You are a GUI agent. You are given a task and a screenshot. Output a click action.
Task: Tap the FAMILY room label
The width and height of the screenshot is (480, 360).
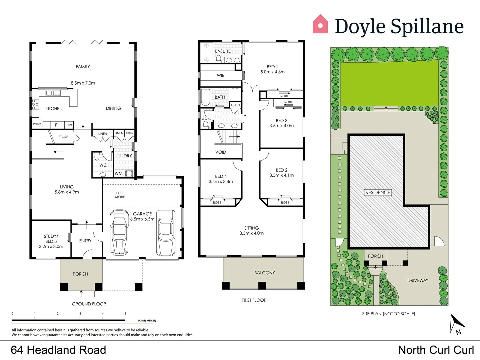click(83, 67)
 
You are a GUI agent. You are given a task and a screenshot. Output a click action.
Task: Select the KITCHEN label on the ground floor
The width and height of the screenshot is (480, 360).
click(54, 109)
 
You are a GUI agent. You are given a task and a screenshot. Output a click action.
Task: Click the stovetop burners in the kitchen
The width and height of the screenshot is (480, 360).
click(35, 104)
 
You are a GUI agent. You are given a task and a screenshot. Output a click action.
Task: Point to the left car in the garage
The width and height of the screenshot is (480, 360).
click(119, 232)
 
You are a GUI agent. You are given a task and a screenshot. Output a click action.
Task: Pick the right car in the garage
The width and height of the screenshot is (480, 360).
click(166, 233)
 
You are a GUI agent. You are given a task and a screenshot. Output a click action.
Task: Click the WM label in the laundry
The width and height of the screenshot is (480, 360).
click(119, 173)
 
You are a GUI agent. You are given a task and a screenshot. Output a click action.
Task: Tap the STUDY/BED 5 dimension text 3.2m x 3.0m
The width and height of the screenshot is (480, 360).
click(51, 247)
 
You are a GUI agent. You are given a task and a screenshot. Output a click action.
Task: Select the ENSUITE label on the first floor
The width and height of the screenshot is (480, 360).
click(223, 51)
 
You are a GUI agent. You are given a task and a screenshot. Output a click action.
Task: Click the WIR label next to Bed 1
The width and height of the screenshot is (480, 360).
click(221, 76)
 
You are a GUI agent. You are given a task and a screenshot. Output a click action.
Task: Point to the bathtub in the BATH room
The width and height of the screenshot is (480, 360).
click(205, 97)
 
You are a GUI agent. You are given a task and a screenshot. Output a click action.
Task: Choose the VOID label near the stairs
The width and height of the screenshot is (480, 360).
click(221, 152)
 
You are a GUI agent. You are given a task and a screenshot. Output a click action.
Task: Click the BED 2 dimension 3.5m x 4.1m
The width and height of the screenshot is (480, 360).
click(282, 175)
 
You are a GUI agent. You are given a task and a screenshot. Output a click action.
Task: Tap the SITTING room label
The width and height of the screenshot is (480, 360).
click(251, 228)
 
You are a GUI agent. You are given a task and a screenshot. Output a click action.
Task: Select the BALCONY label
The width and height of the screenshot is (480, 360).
click(265, 273)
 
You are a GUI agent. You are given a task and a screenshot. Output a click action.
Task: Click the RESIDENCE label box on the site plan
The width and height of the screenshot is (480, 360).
click(378, 192)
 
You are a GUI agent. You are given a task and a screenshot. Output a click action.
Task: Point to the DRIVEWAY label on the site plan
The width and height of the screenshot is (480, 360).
click(418, 280)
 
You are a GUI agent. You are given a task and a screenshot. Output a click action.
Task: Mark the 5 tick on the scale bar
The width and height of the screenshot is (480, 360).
click(125, 314)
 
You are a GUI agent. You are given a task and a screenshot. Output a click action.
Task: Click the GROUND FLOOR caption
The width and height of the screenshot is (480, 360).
click(89, 304)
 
